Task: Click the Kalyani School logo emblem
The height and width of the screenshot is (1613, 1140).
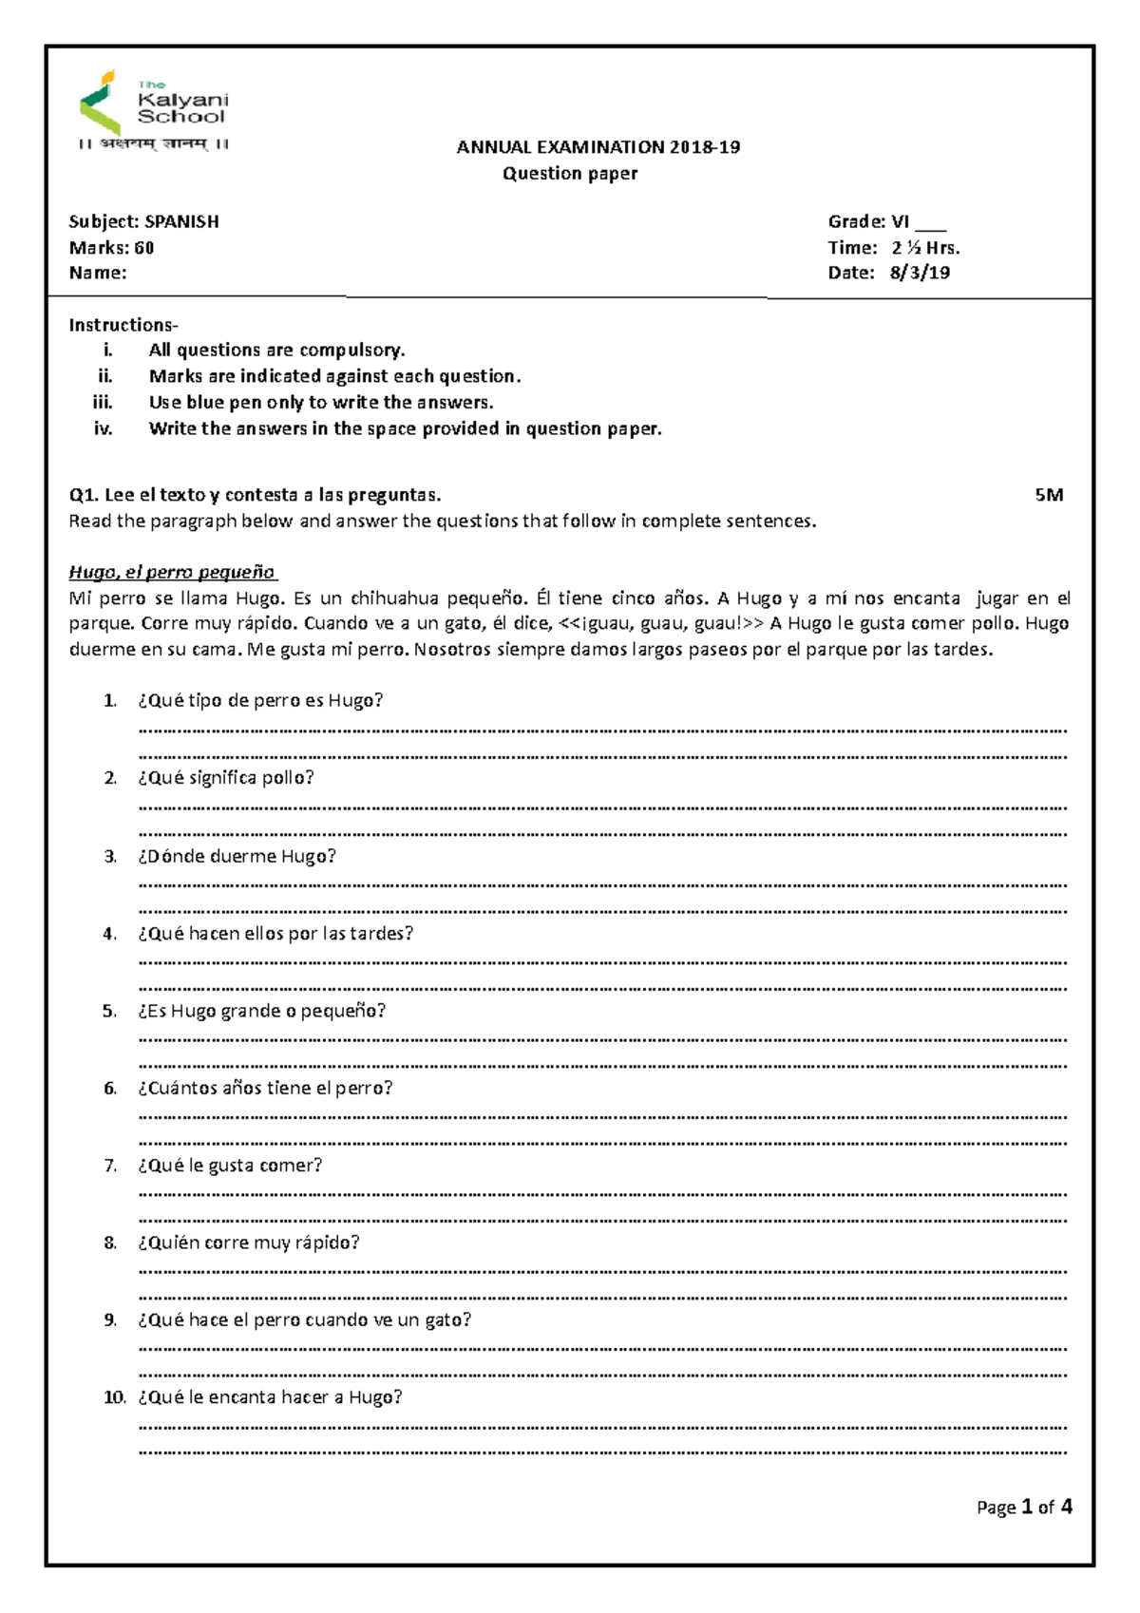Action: pos(101,102)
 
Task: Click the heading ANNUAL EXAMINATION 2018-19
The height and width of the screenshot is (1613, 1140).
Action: pos(598,147)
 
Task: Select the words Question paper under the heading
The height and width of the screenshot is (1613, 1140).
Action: pos(570,174)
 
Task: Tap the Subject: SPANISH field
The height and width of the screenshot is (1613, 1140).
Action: pos(143,221)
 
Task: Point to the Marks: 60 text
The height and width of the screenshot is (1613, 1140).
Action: pos(111,248)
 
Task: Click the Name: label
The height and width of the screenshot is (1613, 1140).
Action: pos(97,274)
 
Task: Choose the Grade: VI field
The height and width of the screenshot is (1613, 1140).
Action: pos(869,221)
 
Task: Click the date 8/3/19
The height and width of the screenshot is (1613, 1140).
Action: pos(920,273)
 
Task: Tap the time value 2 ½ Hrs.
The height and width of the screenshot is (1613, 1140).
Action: pos(925,248)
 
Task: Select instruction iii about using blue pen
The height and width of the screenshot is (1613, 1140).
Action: pos(320,403)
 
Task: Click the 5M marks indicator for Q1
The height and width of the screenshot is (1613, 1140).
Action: pos(1049,495)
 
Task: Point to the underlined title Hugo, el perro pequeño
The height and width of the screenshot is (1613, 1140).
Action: pos(172,572)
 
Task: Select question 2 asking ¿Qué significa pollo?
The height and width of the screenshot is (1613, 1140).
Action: pos(225,778)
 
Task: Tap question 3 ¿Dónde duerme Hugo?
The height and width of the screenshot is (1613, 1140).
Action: pos(237,856)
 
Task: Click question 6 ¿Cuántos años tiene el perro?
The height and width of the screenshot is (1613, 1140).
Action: pos(264,1088)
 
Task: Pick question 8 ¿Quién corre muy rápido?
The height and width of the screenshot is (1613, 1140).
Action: pos(248,1243)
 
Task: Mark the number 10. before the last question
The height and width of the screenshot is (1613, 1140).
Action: pos(114,1397)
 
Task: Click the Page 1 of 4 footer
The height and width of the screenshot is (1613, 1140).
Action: pos(1024,1507)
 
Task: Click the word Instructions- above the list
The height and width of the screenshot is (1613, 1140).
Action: pos(123,325)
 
